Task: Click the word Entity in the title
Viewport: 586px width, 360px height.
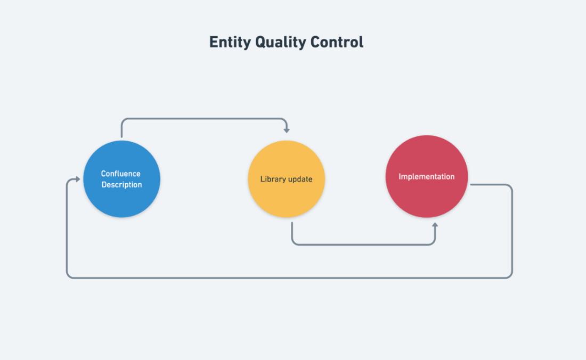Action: coord(230,42)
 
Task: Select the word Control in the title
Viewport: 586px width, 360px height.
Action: coord(337,42)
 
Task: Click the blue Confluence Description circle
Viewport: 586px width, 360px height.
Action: coord(122,179)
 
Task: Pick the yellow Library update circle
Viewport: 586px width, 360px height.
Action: coord(286,179)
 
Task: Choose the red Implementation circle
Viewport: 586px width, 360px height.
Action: coord(427,176)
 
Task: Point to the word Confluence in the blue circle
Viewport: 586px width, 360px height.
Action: coord(121,174)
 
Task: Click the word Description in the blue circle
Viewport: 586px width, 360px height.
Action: coord(122,185)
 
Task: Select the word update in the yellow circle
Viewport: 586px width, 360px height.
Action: coord(300,179)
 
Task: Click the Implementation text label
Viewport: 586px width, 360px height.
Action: coord(427,177)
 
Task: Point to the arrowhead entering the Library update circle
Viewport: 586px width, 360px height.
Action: coord(287,130)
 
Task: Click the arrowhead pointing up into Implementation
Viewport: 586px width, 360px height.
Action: coord(435,226)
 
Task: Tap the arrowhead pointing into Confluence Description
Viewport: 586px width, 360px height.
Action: coord(77,179)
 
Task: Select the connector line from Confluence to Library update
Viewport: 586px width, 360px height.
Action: coord(204,119)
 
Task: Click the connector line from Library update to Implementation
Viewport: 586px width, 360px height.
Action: coord(363,244)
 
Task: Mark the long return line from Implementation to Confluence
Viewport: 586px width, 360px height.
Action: coord(290,278)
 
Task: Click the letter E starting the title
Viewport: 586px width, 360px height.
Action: coord(214,42)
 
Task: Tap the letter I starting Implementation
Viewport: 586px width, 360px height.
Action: coord(400,176)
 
